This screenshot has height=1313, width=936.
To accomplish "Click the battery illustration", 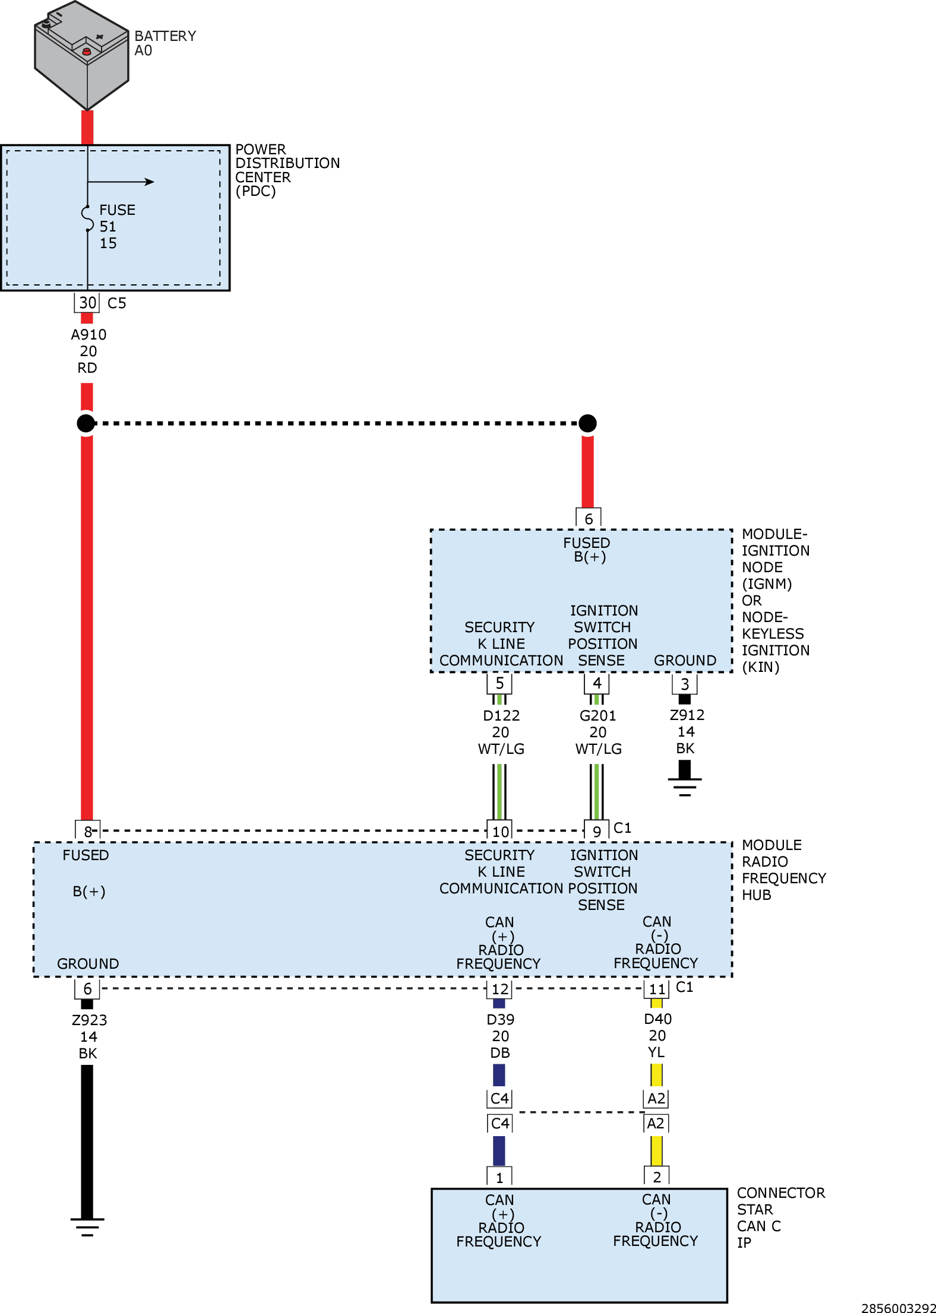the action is tap(82, 55).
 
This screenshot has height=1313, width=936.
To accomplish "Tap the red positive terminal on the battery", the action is tap(87, 52).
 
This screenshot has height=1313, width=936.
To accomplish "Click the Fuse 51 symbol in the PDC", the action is tap(87, 218).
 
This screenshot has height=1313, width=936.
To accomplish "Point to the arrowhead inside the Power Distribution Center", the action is tap(149, 182).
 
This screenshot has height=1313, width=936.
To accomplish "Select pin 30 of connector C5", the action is tap(87, 303).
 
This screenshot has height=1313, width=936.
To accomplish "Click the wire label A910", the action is tap(88, 335).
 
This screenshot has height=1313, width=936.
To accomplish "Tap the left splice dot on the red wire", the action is tap(86, 423).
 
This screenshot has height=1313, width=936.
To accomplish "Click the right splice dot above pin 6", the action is tap(587, 423).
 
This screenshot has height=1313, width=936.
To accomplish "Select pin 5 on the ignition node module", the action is tap(499, 683).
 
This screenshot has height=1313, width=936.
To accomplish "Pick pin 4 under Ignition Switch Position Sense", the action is tap(597, 683).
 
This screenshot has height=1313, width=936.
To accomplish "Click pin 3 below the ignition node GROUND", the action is tap(685, 684).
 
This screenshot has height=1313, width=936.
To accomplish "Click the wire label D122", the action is tap(501, 716).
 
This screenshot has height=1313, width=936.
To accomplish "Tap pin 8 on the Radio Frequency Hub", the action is tap(88, 831).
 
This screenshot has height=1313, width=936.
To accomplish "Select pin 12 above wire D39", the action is tap(499, 989).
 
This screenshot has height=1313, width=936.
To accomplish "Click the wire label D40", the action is tap(658, 1019).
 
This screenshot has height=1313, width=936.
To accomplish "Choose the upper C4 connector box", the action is tap(499, 1099).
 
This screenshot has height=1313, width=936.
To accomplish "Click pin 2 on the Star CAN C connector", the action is tap(657, 1177).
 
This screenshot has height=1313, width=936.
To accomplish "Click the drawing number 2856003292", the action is tap(899, 1308).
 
